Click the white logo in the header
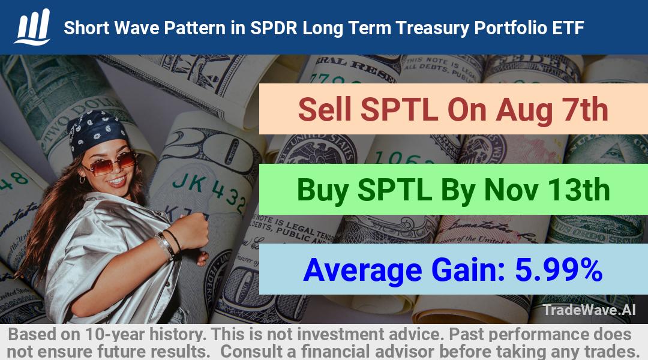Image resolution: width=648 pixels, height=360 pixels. pos(32,27)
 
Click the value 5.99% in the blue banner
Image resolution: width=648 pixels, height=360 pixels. pos(559,269)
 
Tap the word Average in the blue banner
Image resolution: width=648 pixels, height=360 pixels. pos(362,271)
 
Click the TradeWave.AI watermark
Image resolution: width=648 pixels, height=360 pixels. pos(589,310)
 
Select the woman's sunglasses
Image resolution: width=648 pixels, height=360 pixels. pos(110,163)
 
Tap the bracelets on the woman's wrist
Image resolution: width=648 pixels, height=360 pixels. pos(168,245)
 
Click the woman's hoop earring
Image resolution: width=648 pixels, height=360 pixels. pos(82,179)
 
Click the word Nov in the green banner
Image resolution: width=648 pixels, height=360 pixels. pos(511,190)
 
